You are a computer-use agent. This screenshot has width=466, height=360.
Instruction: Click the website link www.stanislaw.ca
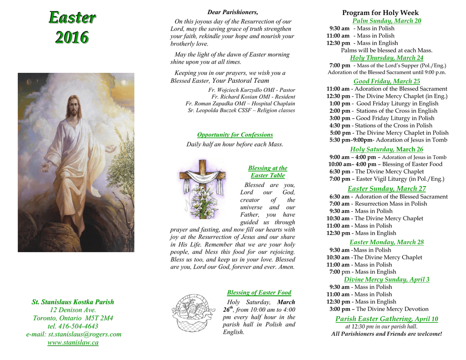(x=73, y=342)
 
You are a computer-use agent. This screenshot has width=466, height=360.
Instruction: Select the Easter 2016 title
(x=72, y=27)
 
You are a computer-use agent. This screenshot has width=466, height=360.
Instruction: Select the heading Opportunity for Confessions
(x=235, y=135)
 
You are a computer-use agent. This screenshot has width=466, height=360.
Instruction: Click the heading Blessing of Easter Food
(x=258, y=293)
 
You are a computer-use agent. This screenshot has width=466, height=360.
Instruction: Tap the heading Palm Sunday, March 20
(x=386, y=21)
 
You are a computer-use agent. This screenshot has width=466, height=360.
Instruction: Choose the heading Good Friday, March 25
(x=386, y=81)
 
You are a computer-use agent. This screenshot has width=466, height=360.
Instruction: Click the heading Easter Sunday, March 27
(x=386, y=189)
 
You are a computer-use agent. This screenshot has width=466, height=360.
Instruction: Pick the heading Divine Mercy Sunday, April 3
(x=386, y=279)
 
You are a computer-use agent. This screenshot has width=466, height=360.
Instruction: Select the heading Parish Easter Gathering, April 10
(x=386, y=319)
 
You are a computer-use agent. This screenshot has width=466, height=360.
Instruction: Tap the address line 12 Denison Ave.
(x=73, y=310)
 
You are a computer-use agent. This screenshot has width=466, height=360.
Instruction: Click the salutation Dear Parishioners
(x=233, y=12)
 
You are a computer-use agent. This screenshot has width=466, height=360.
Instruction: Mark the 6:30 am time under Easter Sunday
(x=339, y=197)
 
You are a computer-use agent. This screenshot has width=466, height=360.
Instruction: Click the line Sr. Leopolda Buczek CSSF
(x=241, y=110)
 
